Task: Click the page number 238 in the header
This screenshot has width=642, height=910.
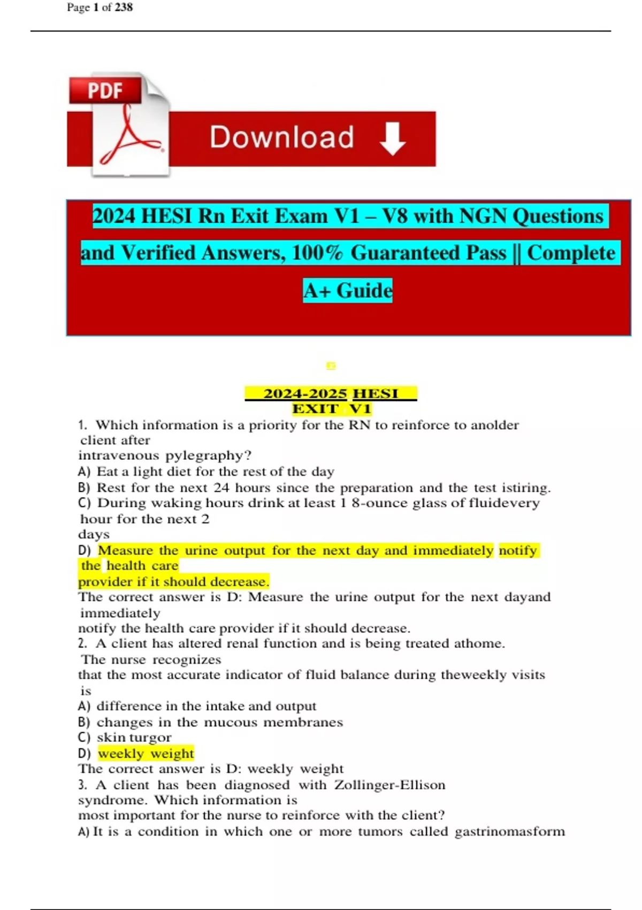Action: tap(124, 7)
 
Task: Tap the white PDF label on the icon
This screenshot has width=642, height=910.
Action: tap(105, 90)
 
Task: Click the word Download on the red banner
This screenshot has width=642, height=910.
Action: tap(281, 137)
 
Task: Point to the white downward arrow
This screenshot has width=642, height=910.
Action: tap(393, 138)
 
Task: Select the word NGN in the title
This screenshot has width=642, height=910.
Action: tap(483, 216)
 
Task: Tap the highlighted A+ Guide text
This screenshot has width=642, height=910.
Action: tap(348, 291)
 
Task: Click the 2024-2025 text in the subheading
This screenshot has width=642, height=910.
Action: tap(305, 394)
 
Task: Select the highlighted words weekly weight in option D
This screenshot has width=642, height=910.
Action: tap(146, 754)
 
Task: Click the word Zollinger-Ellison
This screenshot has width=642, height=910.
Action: tap(389, 785)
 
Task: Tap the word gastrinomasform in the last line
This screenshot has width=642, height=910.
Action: tap(509, 832)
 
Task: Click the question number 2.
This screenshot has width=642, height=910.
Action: tap(82, 644)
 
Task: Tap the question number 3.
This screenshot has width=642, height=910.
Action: tap(82, 785)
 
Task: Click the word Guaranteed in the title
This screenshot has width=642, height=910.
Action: tap(428, 253)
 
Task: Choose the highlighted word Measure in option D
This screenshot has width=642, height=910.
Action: tap(125, 551)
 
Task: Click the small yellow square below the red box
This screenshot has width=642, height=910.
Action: tap(331, 366)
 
